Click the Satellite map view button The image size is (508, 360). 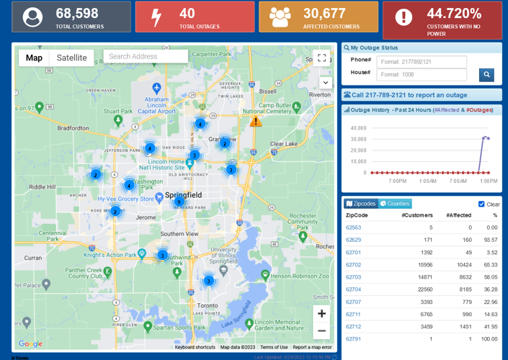71,58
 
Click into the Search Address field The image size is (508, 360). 146,56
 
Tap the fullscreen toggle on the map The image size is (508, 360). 321,58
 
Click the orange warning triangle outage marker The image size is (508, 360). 255,121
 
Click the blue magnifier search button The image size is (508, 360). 486,74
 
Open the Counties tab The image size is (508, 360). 396,204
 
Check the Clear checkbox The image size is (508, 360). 481,204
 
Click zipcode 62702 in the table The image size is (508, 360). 353,265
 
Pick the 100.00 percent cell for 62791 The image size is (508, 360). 489,339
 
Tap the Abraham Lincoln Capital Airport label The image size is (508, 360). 156,105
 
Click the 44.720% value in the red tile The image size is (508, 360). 453,13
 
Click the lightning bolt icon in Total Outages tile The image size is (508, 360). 156,17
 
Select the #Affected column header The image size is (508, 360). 458,215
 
